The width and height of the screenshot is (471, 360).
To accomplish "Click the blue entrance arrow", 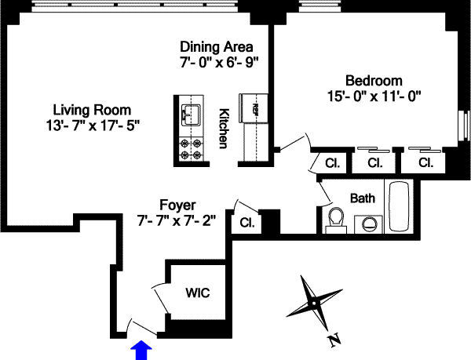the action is (x=141, y=348).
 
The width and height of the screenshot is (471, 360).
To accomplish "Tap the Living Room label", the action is (x=92, y=110).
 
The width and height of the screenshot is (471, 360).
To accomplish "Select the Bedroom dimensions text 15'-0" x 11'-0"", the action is (x=375, y=96).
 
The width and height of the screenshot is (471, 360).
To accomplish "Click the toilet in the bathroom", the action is (x=336, y=219).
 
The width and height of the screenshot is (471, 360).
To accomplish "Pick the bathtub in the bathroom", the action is (x=399, y=209).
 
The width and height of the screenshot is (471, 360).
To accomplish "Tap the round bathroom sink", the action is (x=368, y=223).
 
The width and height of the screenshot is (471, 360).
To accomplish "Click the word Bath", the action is (x=363, y=198).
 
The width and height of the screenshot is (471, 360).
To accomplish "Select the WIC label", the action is (x=196, y=293).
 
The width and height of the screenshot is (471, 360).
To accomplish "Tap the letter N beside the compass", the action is (x=334, y=340).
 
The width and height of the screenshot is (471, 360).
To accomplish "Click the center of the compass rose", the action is (x=312, y=301).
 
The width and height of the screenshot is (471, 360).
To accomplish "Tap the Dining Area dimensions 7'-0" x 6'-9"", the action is (x=219, y=60).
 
